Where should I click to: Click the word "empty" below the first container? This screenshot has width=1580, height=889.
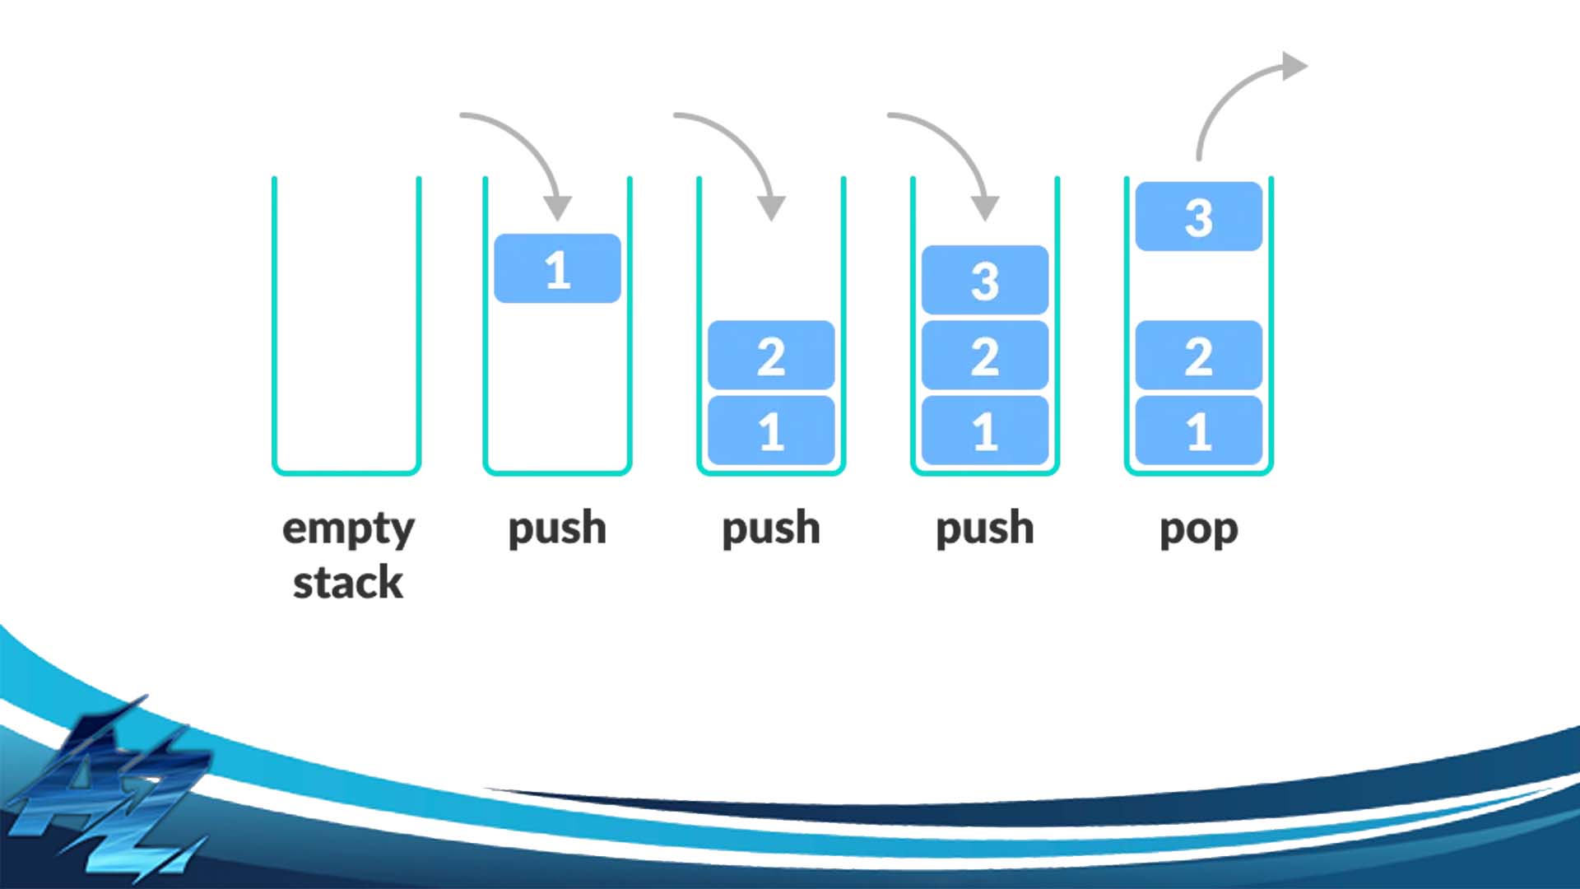[348, 528]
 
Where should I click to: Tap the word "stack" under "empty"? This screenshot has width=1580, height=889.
[348, 583]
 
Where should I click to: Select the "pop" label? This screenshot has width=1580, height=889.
[1198, 528]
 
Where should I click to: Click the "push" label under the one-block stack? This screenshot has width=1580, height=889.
[557, 528]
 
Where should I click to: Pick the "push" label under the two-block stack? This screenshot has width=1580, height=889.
[771, 528]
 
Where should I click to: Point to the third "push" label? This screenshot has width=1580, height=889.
[985, 528]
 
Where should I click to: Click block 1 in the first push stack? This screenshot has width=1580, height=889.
[557, 268]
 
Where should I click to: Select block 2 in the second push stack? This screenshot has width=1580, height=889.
[771, 355]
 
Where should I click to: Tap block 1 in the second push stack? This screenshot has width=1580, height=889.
[771, 431]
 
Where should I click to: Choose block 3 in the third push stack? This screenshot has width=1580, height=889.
[985, 280]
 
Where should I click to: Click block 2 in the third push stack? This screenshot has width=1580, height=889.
[985, 355]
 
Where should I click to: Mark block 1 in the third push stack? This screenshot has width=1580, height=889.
[985, 431]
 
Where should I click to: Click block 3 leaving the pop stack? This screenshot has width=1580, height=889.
[1198, 216]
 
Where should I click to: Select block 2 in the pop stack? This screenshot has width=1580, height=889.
[1198, 355]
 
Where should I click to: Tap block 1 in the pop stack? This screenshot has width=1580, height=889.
[1198, 431]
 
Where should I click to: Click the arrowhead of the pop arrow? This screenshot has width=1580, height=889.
[1294, 67]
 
